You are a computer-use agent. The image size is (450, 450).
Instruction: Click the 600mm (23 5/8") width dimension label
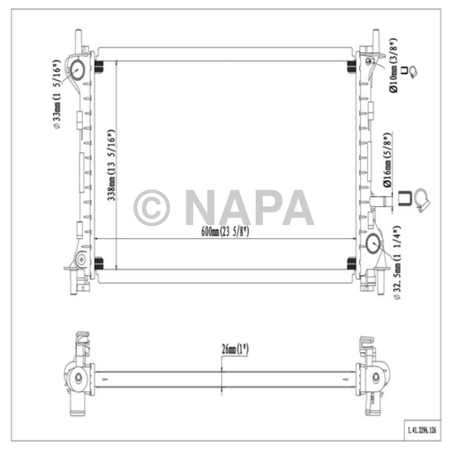(x=225, y=231)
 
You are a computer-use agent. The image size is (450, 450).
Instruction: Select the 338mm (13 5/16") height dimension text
(x=111, y=165)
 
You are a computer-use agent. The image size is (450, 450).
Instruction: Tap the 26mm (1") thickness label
(x=235, y=349)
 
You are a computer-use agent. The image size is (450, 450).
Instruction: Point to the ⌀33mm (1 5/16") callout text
(x=57, y=94)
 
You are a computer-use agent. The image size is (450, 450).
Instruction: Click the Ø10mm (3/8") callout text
(x=393, y=66)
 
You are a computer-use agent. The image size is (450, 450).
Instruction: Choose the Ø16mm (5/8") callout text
(x=388, y=160)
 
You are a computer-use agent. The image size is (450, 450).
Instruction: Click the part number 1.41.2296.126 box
(x=422, y=430)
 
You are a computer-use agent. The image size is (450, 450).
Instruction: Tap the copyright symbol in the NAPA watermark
(x=152, y=208)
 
